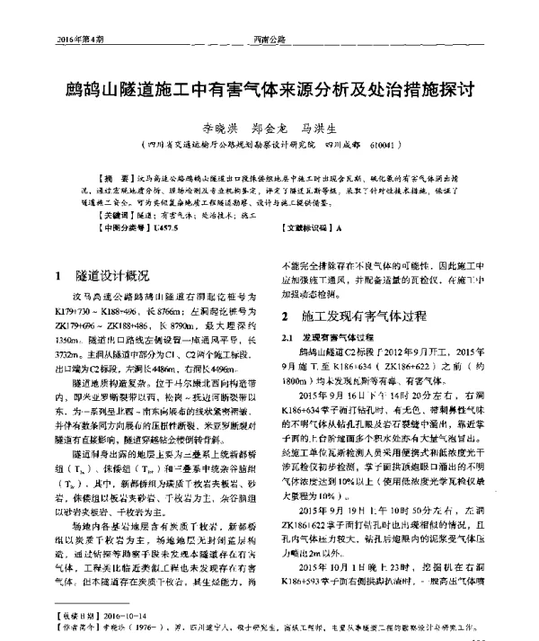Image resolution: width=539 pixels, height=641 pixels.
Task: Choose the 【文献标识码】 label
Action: pyautogui.click(x=305, y=229)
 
